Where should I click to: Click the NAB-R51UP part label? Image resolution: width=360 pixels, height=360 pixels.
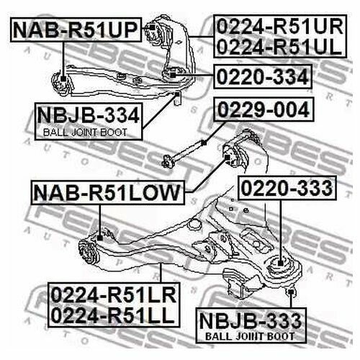pyautogui.click(x=76, y=30)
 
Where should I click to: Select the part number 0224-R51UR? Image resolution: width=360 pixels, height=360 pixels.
pyautogui.click(x=280, y=27)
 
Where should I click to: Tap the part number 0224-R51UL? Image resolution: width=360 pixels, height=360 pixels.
pyautogui.click(x=279, y=47)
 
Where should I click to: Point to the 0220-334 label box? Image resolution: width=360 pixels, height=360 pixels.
pyautogui.click(x=263, y=77)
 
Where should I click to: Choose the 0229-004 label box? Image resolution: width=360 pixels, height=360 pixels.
pyautogui.click(x=264, y=109)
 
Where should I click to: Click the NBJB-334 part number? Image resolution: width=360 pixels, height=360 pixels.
pyautogui.click(x=89, y=115)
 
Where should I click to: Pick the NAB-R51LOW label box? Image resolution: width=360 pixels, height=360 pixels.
pyautogui.click(x=108, y=193)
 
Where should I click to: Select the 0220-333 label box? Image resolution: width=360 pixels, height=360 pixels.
pyautogui.click(x=287, y=188)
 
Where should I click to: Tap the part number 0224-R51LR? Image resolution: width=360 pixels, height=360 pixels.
pyautogui.click(x=114, y=295)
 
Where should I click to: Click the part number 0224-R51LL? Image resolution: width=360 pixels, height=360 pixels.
pyautogui.click(x=112, y=315)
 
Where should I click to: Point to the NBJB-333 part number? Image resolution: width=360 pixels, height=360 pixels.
pyautogui.click(x=251, y=321)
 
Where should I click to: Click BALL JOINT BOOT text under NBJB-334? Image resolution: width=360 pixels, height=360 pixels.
pyautogui.click(x=85, y=132)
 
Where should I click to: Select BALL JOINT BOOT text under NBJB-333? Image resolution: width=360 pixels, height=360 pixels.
pyautogui.click(x=250, y=336)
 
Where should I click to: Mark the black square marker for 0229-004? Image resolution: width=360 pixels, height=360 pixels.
pyautogui.click(x=204, y=143)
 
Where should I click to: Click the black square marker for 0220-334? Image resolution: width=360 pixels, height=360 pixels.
pyautogui.click(x=173, y=75)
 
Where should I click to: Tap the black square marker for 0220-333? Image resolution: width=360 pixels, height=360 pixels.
pyautogui.click(x=281, y=263)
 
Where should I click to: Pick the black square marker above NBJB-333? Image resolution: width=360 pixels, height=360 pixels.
pyautogui.click(x=291, y=292)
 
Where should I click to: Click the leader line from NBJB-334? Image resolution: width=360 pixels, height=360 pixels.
pyautogui.click(x=159, y=112)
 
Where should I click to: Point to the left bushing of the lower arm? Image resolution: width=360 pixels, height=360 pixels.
pyautogui.click(x=89, y=252)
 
